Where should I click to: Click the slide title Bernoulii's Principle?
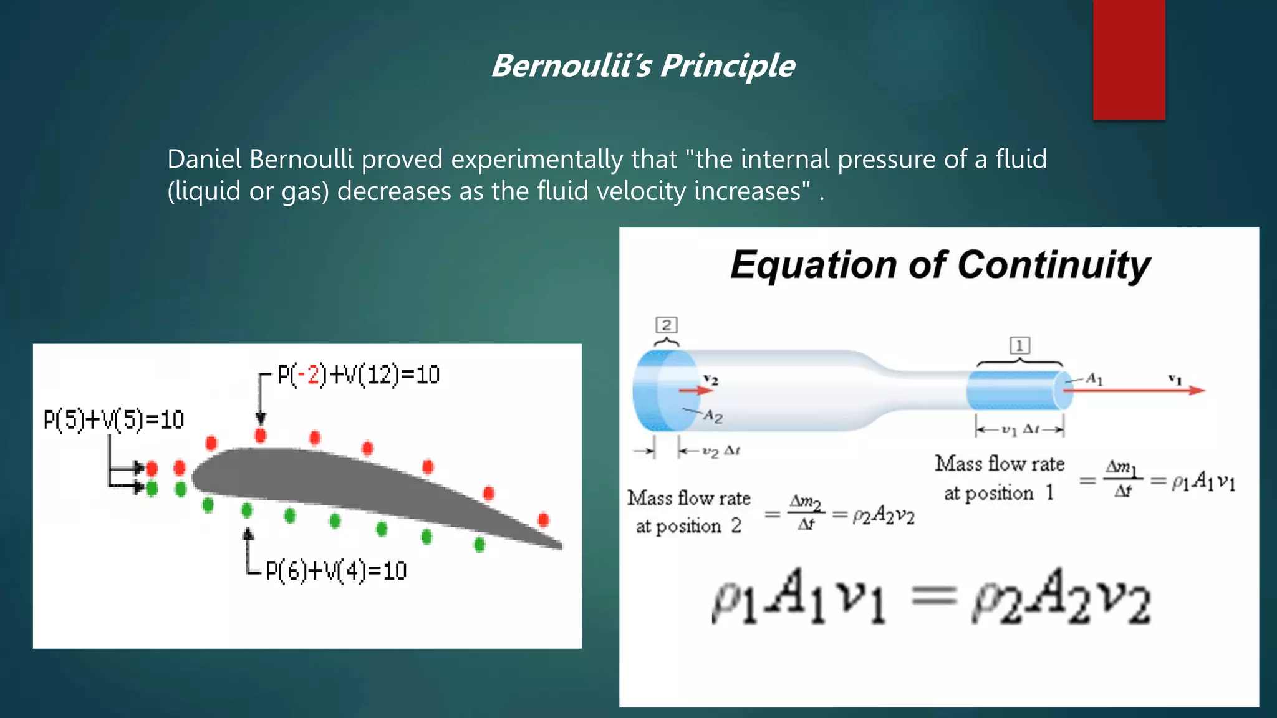(x=643, y=65)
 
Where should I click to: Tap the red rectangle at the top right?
(x=1129, y=59)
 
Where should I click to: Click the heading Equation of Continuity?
(x=940, y=265)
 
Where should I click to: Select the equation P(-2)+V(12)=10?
(x=359, y=375)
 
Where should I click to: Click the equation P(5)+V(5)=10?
(x=114, y=419)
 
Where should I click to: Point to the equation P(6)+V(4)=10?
(x=336, y=570)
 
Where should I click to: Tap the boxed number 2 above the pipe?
(x=667, y=325)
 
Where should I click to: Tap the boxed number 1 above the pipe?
(x=1019, y=345)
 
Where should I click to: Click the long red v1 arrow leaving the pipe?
(x=1135, y=391)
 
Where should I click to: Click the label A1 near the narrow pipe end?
(x=1094, y=378)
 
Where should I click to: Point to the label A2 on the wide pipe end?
(x=713, y=416)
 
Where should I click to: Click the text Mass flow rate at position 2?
(x=688, y=512)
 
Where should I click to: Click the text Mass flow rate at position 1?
(x=999, y=478)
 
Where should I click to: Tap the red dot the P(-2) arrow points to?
(x=261, y=435)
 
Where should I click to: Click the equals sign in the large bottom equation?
(x=933, y=596)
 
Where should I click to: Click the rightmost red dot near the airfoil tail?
(x=543, y=519)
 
